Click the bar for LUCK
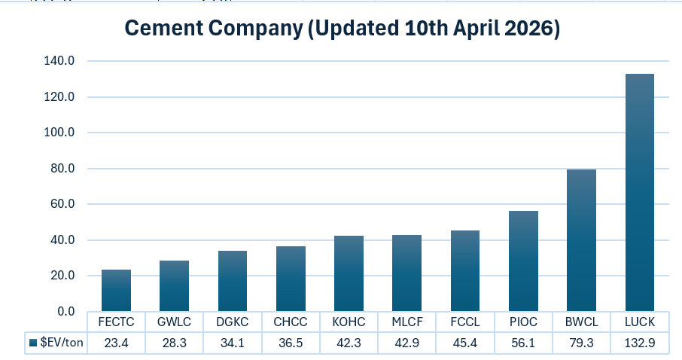(639, 193)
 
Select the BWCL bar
(581, 240)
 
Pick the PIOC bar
(523, 261)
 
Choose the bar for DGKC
(233, 281)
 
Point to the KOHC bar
(349, 273)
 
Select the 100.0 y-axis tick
(59, 133)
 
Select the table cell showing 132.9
(639, 343)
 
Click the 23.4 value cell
(116, 343)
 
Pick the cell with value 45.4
(464, 343)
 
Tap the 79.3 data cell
(581, 343)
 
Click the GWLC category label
(174, 322)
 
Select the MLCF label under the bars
(406, 322)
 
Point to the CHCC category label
(291, 322)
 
